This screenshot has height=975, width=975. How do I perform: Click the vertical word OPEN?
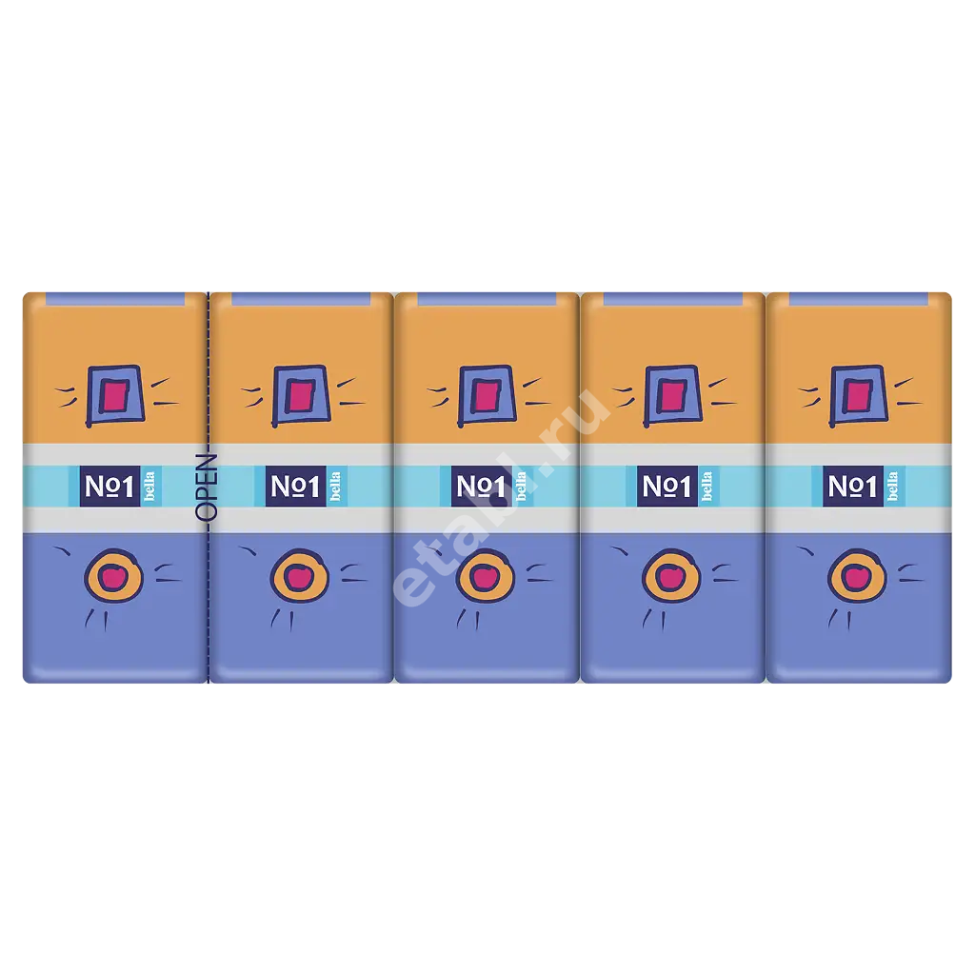(x=207, y=487)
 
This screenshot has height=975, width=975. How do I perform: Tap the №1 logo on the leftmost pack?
(x=109, y=487)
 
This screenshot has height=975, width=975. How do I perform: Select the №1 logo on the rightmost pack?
(x=852, y=487)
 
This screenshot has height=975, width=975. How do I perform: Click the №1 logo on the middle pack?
(x=481, y=487)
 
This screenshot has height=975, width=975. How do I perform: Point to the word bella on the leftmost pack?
(x=149, y=487)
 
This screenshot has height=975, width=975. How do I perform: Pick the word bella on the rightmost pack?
(x=892, y=487)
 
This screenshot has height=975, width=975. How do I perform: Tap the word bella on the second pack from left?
(x=335, y=487)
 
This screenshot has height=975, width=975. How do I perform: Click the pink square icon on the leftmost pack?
(x=115, y=395)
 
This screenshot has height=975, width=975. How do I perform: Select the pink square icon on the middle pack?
(x=487, y=395)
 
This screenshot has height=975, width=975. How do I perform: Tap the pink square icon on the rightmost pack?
(x=859, y=395)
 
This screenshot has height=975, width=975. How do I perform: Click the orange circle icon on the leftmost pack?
(x=114, y=576)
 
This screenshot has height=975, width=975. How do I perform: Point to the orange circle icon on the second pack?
(x=300, y=576)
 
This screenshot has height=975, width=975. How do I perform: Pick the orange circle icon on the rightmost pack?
(x=857, y=576)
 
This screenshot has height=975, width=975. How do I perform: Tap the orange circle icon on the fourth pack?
(x=671, y=576)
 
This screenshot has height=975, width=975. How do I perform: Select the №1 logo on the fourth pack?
(x=667, y=487)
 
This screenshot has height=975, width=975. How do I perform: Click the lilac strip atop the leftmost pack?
(x=115, y=299)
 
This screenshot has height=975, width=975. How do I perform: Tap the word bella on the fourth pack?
(x=706, y=487)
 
